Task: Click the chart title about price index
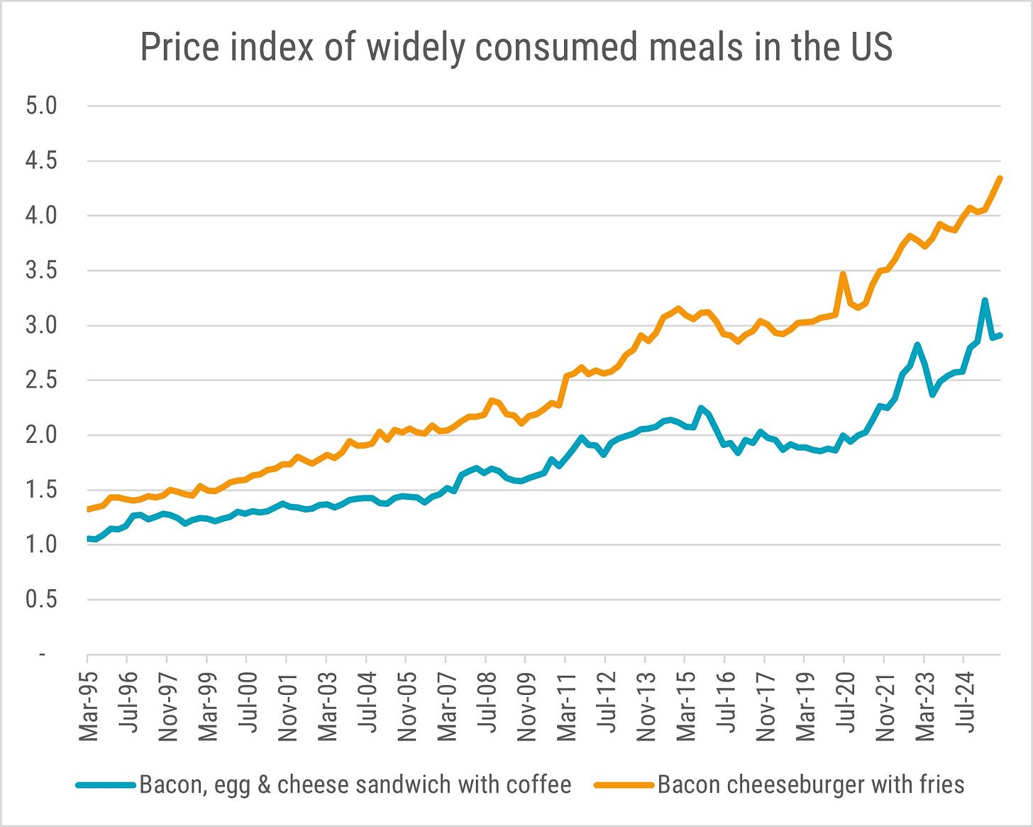[x=516, y=48]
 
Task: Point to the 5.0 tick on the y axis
[x=41, y=106]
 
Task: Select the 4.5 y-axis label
[x=41, y=161]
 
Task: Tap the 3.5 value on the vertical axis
[x=41, y=270]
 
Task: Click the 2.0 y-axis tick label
[x=41, y=435]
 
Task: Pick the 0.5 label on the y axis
[x=41, y=600]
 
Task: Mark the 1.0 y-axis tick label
[x=41, y=545]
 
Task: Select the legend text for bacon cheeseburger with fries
[x=811, y=784]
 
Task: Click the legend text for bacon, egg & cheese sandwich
[x=355, y=784]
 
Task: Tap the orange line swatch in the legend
[x=624, y=785]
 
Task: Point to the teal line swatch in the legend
[x=106, y=785]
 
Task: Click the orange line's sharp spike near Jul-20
[x=843, y=274]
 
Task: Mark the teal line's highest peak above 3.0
[x=985, y=301]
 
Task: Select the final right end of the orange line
[x=1000, y=178]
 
